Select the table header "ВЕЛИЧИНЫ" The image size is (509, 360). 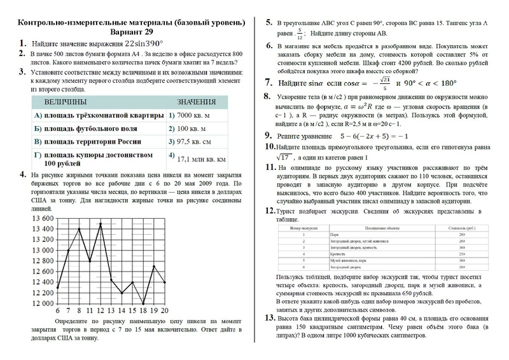click(x=66, y=102)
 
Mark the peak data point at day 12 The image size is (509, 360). click(x=100, y=224)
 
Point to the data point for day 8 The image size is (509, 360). click(x=79, y=229)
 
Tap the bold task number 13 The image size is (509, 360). click(x=268, y=317)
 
